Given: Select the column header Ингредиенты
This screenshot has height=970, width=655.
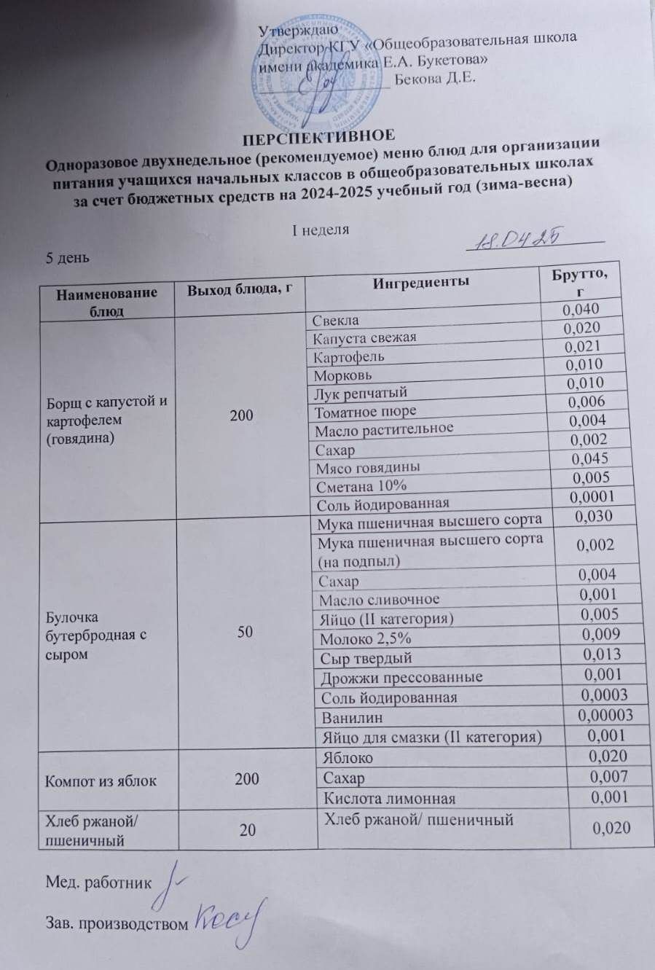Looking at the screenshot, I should [420, 281].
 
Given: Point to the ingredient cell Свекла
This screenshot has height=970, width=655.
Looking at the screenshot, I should [336, 319].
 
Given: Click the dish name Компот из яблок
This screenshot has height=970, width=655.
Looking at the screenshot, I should [101, 781].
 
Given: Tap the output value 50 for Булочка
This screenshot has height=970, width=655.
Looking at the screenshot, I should [245, 632].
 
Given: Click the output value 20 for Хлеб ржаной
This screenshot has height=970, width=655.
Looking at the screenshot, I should [247, 829].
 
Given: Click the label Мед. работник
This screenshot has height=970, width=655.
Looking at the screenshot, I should [99, 883].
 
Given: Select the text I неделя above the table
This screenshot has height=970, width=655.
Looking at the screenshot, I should [321, 230].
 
